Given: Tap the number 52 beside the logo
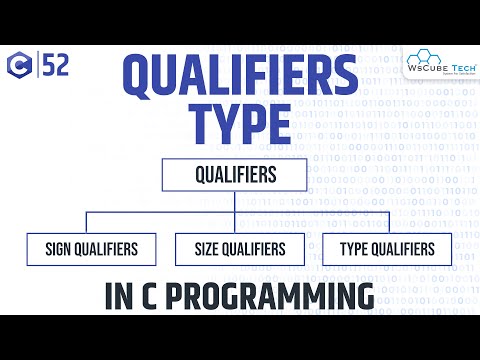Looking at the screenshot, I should [x=54, y=67].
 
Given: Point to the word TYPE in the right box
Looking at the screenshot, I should [x=352, y=249].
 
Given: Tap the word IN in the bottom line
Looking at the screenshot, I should [x=119, y=296].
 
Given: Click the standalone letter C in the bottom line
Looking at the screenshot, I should [x=152, y=296].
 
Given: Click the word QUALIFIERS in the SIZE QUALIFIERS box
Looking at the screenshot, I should [x=253, y=249].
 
